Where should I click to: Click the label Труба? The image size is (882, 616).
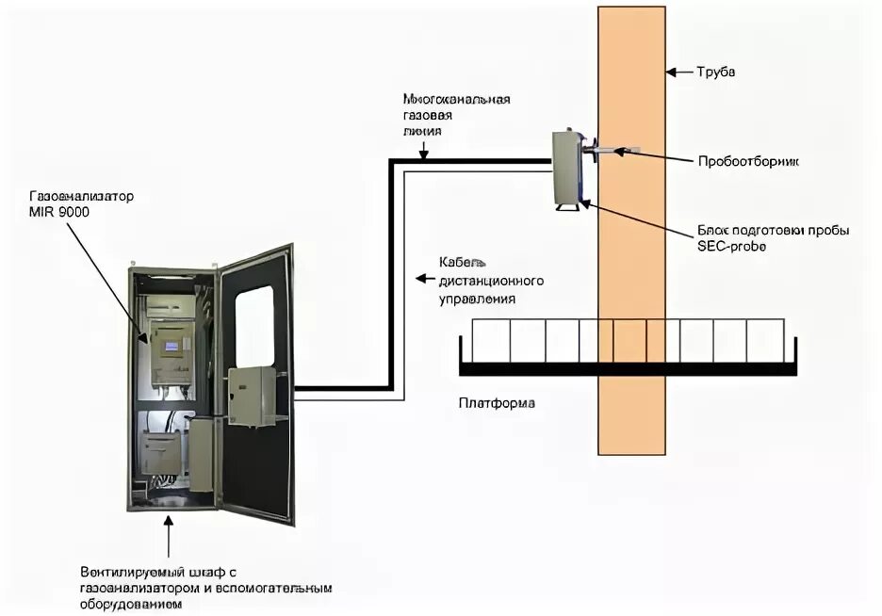(715, 72)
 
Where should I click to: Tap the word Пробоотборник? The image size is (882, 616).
(749, 161)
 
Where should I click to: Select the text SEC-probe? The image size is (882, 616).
(727, 246)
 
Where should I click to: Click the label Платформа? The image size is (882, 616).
(497, 403)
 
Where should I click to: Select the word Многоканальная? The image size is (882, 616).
(457, 98)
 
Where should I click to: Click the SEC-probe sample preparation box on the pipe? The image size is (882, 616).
(567, 168)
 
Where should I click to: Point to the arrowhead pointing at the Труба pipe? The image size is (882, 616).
(671, 72)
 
